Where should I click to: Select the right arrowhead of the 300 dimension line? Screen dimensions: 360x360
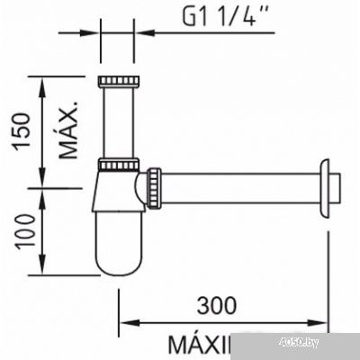coord(324,319)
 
